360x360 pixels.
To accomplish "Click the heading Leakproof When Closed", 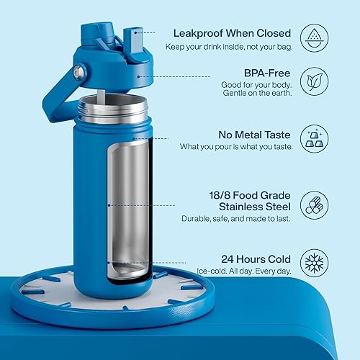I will (230, 32).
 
